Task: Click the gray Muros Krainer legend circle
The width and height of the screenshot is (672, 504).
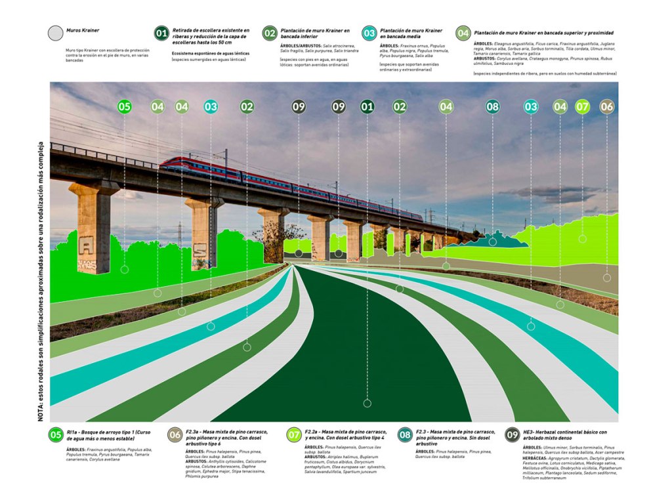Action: pyautogui.click(x=55, y=33)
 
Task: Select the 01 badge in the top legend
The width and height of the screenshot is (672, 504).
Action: pyautogui.click(x=161, y=33)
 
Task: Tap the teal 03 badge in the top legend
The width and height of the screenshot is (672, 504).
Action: pyautogui.click(x=369, y=33)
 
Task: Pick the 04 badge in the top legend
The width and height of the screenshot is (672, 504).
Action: pyautogui.click(x=463, y=33)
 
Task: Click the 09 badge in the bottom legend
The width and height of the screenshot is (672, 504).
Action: pyautogui.click(x=513, y=434)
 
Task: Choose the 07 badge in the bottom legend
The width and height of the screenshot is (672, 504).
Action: pyautogui.click(x=294, y=434)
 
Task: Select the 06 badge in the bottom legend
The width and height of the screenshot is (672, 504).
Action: pyautogui.click(x=175, y=434)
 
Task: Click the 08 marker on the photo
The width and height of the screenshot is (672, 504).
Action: pyautogui.click(x=493, y=106)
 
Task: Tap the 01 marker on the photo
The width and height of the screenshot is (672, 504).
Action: pyautogui.click(x=367, y=106)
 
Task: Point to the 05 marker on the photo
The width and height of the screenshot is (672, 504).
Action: pyautogui.click(x=125, y=106)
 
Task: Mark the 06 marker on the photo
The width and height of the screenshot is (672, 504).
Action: pyautogui.click(x=607, y=106)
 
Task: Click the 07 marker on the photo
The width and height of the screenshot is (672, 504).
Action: pyautogui.click(x=582, y=106)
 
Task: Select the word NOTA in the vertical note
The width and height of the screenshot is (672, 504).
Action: pyautogui.click(x=41, y=412)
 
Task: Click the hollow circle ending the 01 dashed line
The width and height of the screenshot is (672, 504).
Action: pyautogui.click(x=367, y=403)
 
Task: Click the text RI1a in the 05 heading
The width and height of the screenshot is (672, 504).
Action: pyautogui.click(x=73, y=432)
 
